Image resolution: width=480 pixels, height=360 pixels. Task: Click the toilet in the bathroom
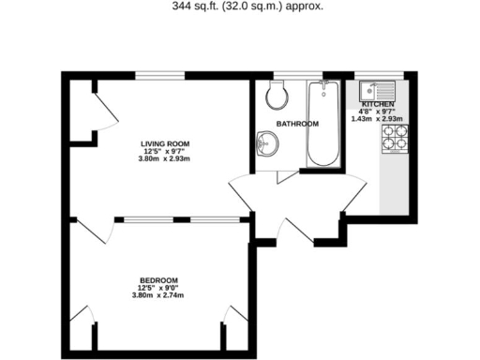(277, 94)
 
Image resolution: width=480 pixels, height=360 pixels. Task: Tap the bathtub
(324, 127)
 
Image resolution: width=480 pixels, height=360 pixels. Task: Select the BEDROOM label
(158, 280)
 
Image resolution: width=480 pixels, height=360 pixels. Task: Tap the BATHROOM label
(297, 124)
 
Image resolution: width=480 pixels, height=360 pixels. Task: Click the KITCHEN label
(377, 104)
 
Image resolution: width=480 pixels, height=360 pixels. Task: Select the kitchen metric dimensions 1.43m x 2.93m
(376, 119)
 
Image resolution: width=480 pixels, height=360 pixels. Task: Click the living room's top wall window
(161, 75)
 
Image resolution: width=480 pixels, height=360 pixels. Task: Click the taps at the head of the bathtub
(324, 90)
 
